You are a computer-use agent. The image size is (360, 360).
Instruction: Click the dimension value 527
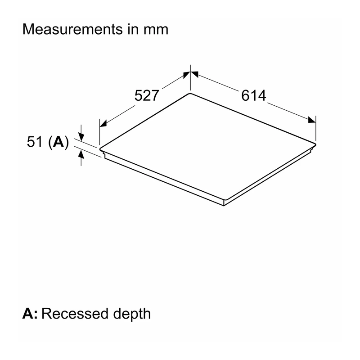coord(147,95)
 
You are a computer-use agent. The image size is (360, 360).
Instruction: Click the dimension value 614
coord(253,95)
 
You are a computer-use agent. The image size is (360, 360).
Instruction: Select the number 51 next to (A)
coord(35,142)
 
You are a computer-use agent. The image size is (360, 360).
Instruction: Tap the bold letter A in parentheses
coord(58,141)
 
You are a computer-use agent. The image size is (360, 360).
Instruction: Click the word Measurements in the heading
coord(72,29)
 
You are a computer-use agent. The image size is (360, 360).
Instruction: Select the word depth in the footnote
coord(132,314)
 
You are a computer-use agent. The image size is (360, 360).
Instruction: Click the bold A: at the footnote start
coord(30,313)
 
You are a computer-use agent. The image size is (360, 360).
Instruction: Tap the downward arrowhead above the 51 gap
coord(81,136)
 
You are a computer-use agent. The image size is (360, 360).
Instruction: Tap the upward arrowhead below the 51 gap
coord(81,154)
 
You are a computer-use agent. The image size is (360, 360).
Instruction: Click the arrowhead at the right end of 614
coord(312,120)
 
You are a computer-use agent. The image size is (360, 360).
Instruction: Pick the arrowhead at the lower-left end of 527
coord(103,123)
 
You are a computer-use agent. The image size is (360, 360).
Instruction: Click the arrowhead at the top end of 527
coord(187,75)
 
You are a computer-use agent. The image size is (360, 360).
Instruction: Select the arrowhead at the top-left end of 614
coord(194,74)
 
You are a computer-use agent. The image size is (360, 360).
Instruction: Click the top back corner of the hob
coord(190,94)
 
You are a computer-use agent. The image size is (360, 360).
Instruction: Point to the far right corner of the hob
coord(316,144)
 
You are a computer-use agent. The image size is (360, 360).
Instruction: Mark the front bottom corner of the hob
coord(224,206)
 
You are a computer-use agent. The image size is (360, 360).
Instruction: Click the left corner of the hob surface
coord(100,149)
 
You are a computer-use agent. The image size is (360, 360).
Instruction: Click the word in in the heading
coord(133,30)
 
